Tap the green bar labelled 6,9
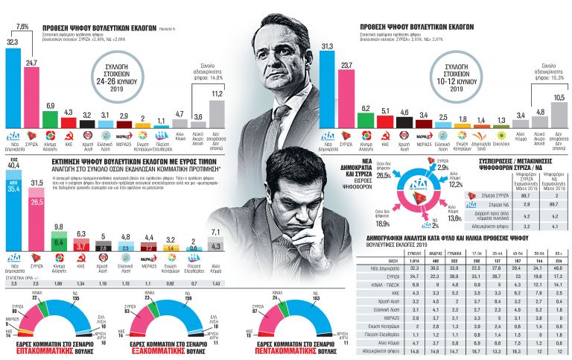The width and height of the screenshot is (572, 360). (x=51, y=119)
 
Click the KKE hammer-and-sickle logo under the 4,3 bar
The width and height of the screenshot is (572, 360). (x=69, y=138)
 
